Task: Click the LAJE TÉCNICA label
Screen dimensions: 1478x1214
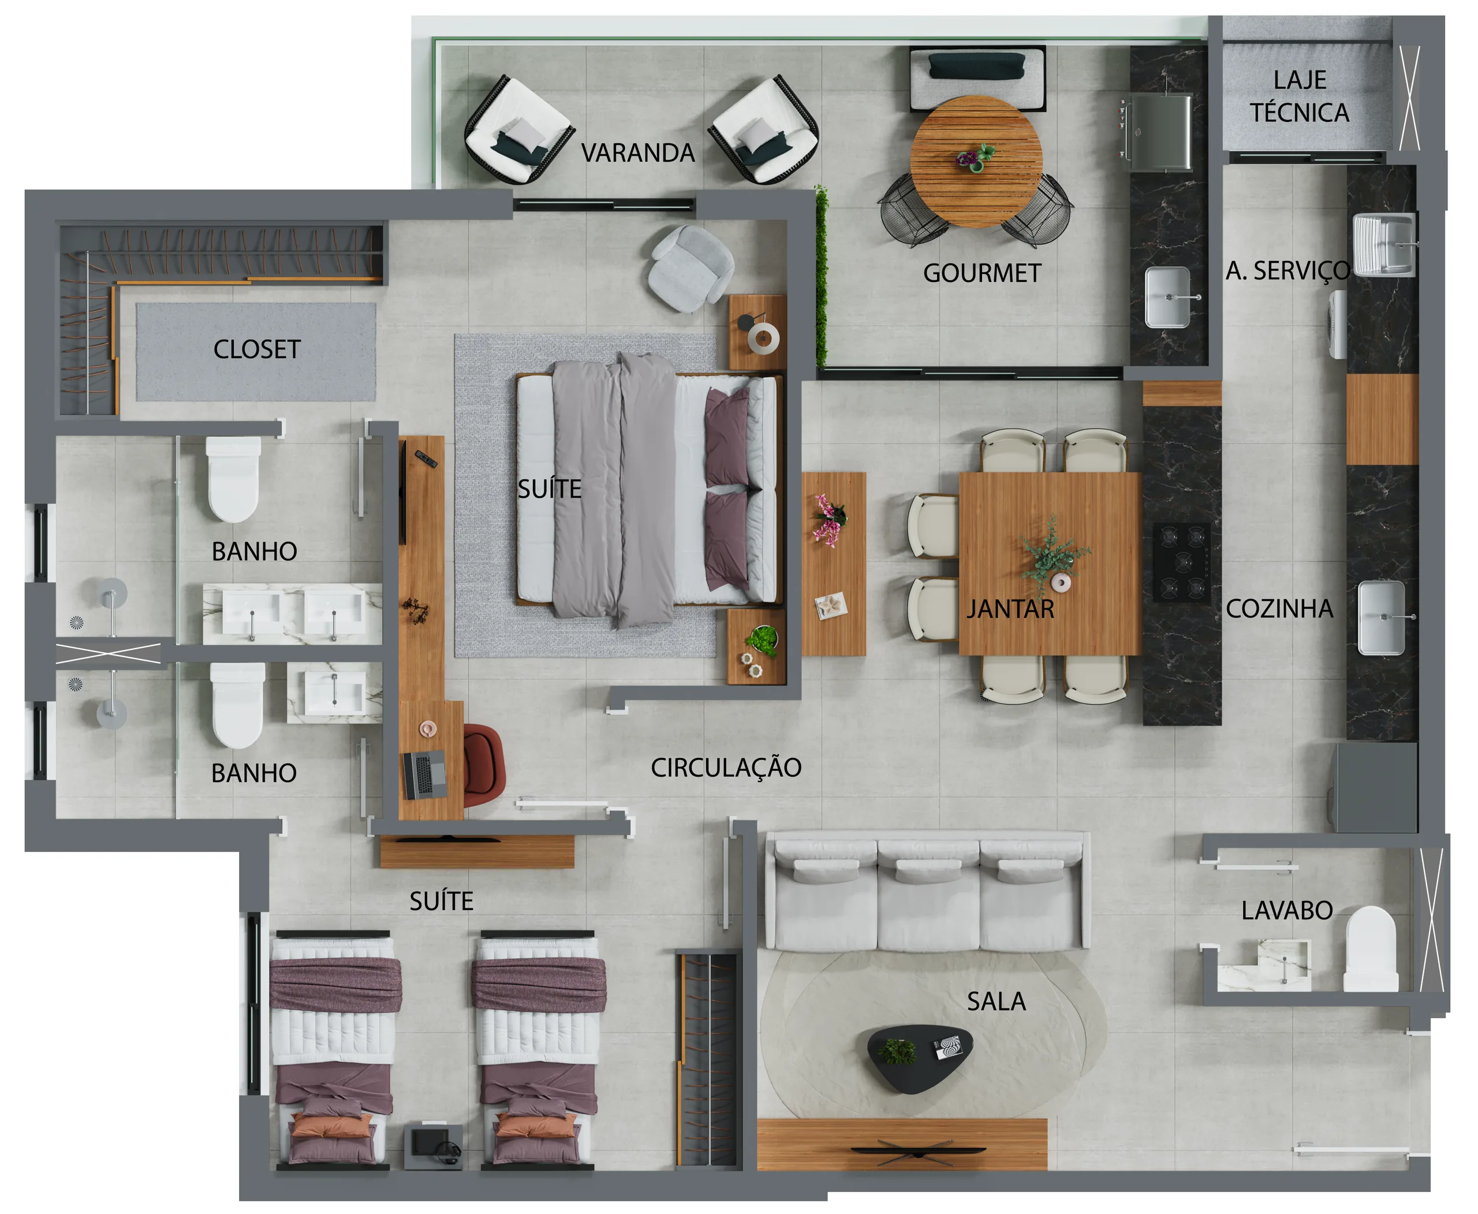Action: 1299,96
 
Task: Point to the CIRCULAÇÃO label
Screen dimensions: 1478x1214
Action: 726,767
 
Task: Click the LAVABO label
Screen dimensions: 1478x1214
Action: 1287,910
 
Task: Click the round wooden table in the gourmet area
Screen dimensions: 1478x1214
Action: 976,162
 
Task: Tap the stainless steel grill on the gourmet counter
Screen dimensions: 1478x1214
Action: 1159,132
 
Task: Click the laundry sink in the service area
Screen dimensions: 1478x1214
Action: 1384,244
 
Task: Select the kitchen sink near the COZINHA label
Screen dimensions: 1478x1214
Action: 1382,617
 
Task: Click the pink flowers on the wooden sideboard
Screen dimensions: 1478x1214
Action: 829,520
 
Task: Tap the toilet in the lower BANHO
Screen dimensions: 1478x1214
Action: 237,705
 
